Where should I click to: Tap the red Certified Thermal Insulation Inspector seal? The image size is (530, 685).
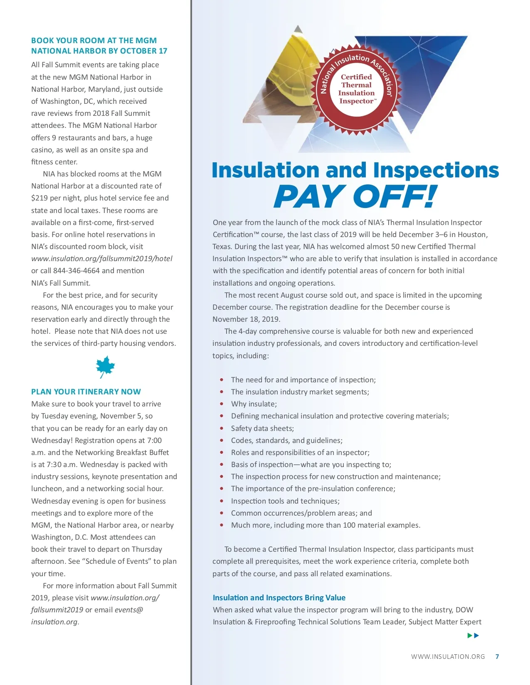click(356, 89)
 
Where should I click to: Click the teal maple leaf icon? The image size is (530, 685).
click(105, 367)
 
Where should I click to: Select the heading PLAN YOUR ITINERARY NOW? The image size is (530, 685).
click(86, 391)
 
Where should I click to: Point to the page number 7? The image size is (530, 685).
click(497, 656)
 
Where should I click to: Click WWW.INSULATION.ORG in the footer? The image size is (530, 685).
click(448, 656)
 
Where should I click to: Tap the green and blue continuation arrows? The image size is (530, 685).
click(473, 635)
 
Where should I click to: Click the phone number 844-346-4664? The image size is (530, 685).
click(76, 271)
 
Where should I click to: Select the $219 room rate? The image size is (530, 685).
click(39, 198)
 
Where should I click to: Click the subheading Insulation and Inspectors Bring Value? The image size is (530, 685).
click(279, 597)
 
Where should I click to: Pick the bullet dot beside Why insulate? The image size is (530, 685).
click(222, 404)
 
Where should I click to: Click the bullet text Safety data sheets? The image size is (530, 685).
click(262, 428)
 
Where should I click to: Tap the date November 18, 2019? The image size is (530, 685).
click(246, 319)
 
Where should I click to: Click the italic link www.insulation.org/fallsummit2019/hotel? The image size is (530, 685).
click(102, 259)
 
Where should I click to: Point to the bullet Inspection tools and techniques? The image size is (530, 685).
click(285, 501)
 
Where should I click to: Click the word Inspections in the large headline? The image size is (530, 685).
click(436, 170)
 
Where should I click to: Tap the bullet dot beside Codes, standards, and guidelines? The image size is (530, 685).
click(222, 440)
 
